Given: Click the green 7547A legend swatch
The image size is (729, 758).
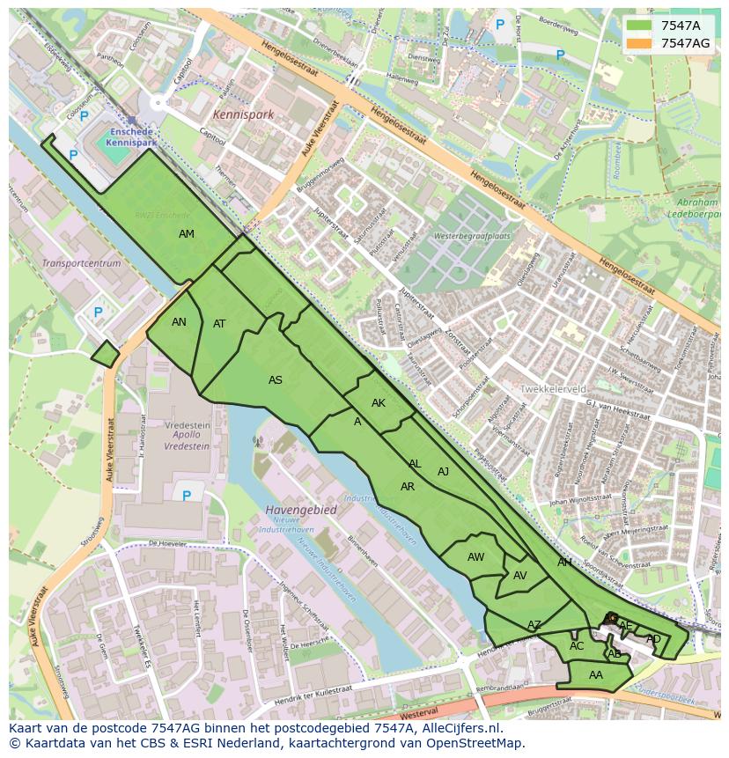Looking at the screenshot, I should [x=639, y=26].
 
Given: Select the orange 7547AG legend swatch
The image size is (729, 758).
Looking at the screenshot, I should [x=639, y=43].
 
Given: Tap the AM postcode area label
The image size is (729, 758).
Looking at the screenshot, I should [x=187, y=234].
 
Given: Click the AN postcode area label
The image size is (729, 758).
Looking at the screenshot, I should [x=179, y=322].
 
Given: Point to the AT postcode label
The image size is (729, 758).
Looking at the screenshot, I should [x=219, y=324].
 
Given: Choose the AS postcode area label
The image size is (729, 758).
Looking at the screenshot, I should [x=276, y=380].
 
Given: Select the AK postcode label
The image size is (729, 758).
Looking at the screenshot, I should [x=379, y=403].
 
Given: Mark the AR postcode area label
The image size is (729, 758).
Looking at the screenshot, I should [x=408, y=487].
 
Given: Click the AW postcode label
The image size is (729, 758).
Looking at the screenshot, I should [x=475, y=557].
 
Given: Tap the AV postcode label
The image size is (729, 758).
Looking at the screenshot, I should [x=519, y=576].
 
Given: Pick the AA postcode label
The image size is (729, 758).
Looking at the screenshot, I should [x=596, y=675].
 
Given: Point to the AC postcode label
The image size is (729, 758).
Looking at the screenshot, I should [x=577, y=646].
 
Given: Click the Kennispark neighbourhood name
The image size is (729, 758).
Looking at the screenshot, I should [x=243, y=114].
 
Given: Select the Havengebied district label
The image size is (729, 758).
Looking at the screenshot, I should [x=301, y=510].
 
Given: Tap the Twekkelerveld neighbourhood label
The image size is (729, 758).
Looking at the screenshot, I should [x=553, y=388].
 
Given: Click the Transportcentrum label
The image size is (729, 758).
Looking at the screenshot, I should [x=81, y=263].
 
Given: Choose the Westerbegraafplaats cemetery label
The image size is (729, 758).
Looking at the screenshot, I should [x=474, y=236].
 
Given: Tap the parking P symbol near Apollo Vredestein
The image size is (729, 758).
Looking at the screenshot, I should [x=187, y=496].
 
